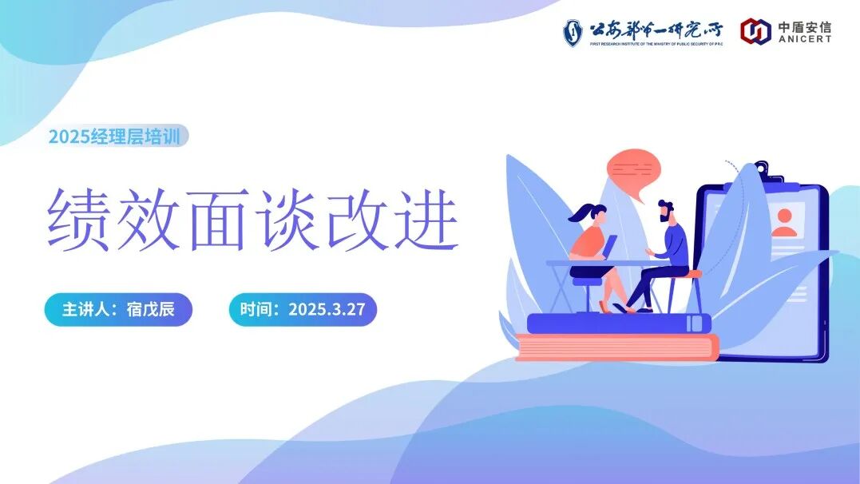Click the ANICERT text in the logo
(x=805, y=38)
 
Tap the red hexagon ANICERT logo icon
(x=755, y=31)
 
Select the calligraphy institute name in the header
(x=656, y=30)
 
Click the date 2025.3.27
(x=327, y=310)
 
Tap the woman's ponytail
(x=581, y=213)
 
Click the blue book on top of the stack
(x=619, y=323)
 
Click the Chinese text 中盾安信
(x=805, y=26)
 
